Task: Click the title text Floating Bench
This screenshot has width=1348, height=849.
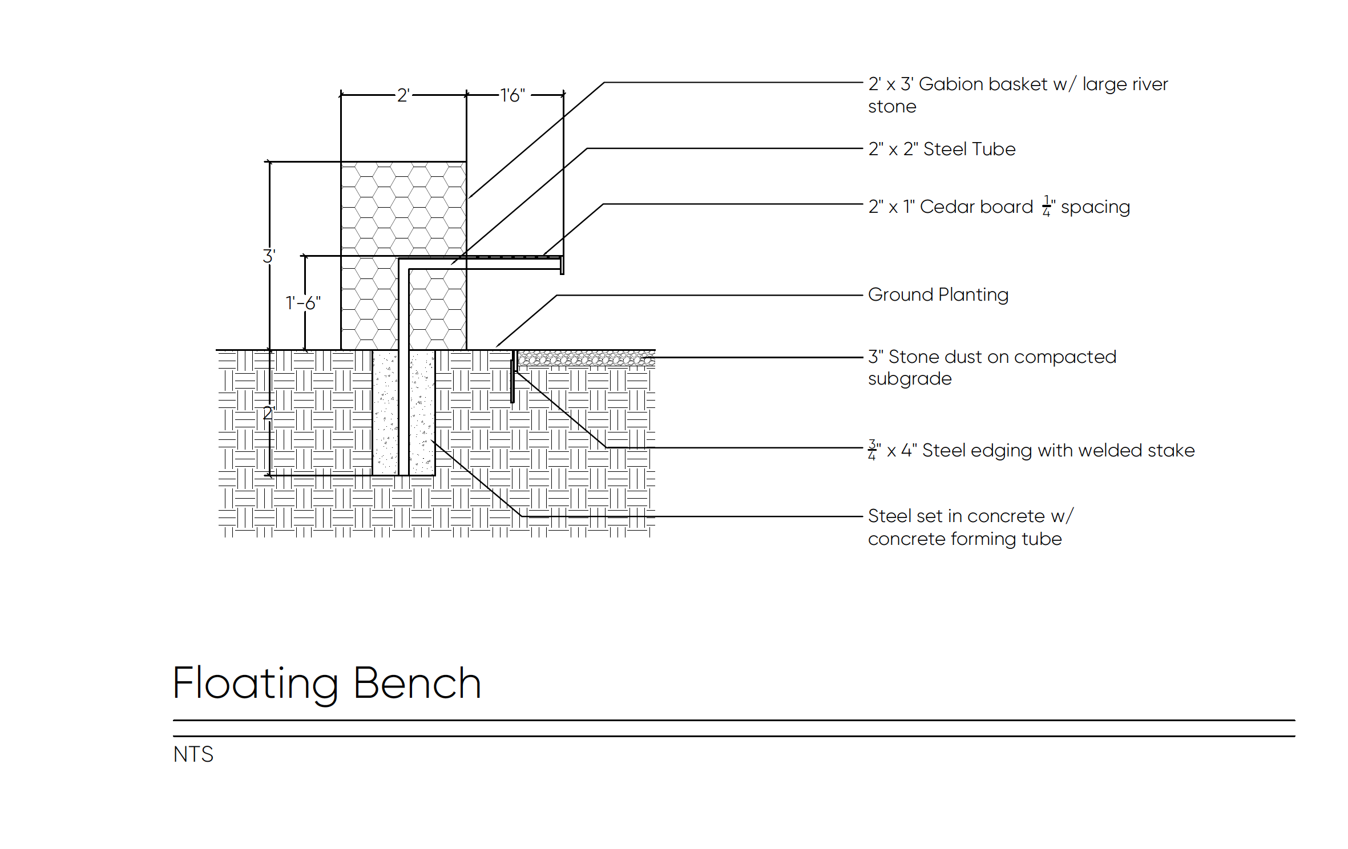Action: pyautogui.click(x=326, y=683)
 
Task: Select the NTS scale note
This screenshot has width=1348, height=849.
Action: pyautogui.click(x=193, y=754)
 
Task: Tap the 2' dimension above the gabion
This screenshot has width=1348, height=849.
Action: pyautogui.click(x=403, y=95)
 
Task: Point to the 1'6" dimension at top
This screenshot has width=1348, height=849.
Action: pyautogui.click(x=512, y=95)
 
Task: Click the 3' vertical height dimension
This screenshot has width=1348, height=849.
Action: pyautogui.click(x=269, y=256)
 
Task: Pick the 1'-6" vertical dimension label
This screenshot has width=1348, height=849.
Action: pyautogui.click(x=303, y=303)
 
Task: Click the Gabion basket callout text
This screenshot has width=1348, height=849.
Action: pyautogui.click(x=1017, y=95)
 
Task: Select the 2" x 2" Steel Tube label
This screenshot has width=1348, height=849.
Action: pyautogui.click(x=942, y=149)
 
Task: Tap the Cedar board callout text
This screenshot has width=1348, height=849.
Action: pyautogui.click(x=999, y=207)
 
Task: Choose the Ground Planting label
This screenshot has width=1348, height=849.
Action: pyautogui.click(x=938, y=294)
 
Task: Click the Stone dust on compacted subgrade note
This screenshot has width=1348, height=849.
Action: pyautogui.click(x=991, y=367)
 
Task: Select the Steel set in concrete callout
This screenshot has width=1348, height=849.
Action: pyautogui.click(x=970, y=527)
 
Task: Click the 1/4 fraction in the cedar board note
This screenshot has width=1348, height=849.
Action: pyautogui.click(x=1046, y=206)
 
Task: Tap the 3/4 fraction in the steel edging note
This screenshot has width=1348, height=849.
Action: pyautogui.click(x=871, y=450)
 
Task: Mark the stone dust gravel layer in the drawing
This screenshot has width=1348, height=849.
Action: pyautogui.click(x=585, y=358)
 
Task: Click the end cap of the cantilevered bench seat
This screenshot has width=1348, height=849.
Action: pyautogui.click(x=562, y=265)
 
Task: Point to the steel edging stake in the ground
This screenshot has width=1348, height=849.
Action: pyautogui.click(x=512, y=379)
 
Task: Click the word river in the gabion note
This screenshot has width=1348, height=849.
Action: pyautogui.click(x=1150, y=84)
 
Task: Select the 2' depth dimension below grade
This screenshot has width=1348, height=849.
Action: pyautogui.click(x=268, y=413)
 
